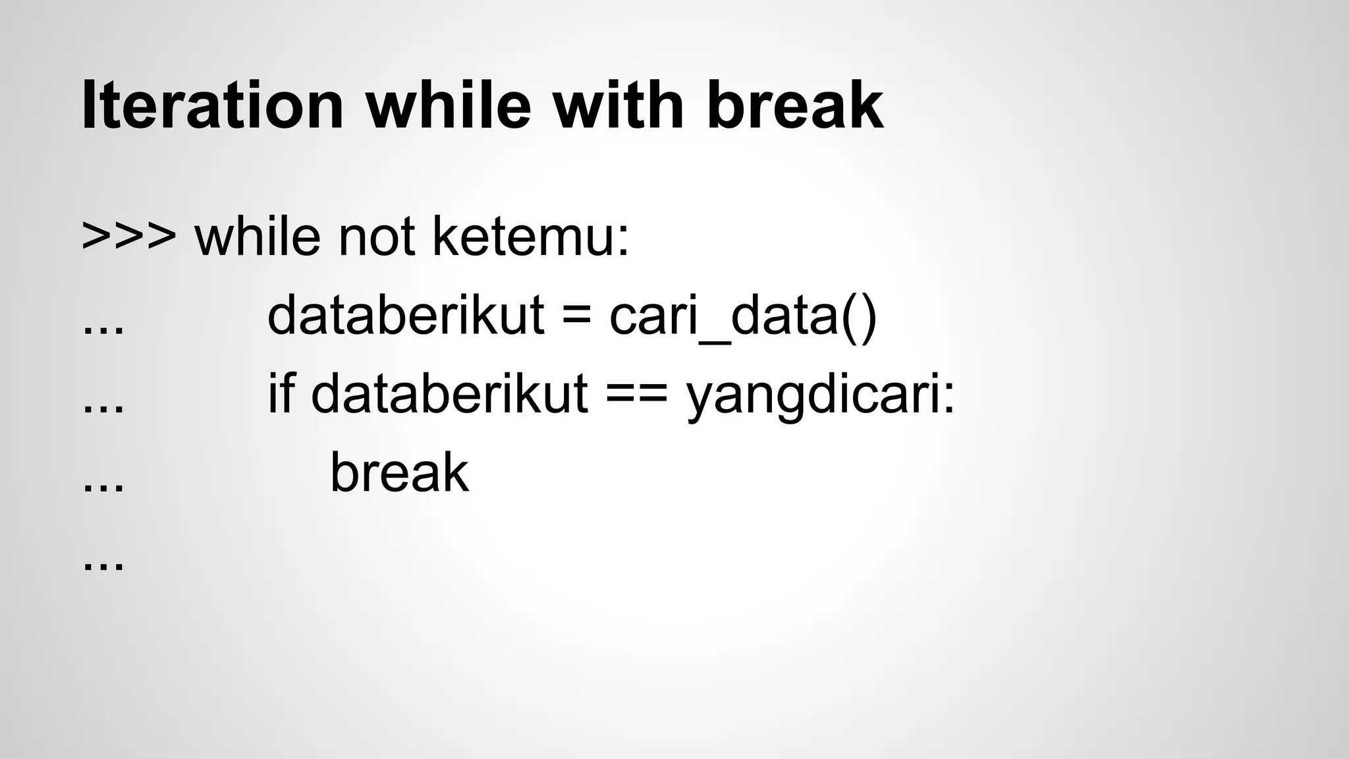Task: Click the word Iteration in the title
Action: pos(212,105)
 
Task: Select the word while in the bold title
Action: pos(448,105)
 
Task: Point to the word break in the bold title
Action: pos(794,105)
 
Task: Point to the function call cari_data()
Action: pos(743,316)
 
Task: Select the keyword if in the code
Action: pos(280,393)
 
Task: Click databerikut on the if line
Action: pos(449,393)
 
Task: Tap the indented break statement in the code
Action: pos(399,472)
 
